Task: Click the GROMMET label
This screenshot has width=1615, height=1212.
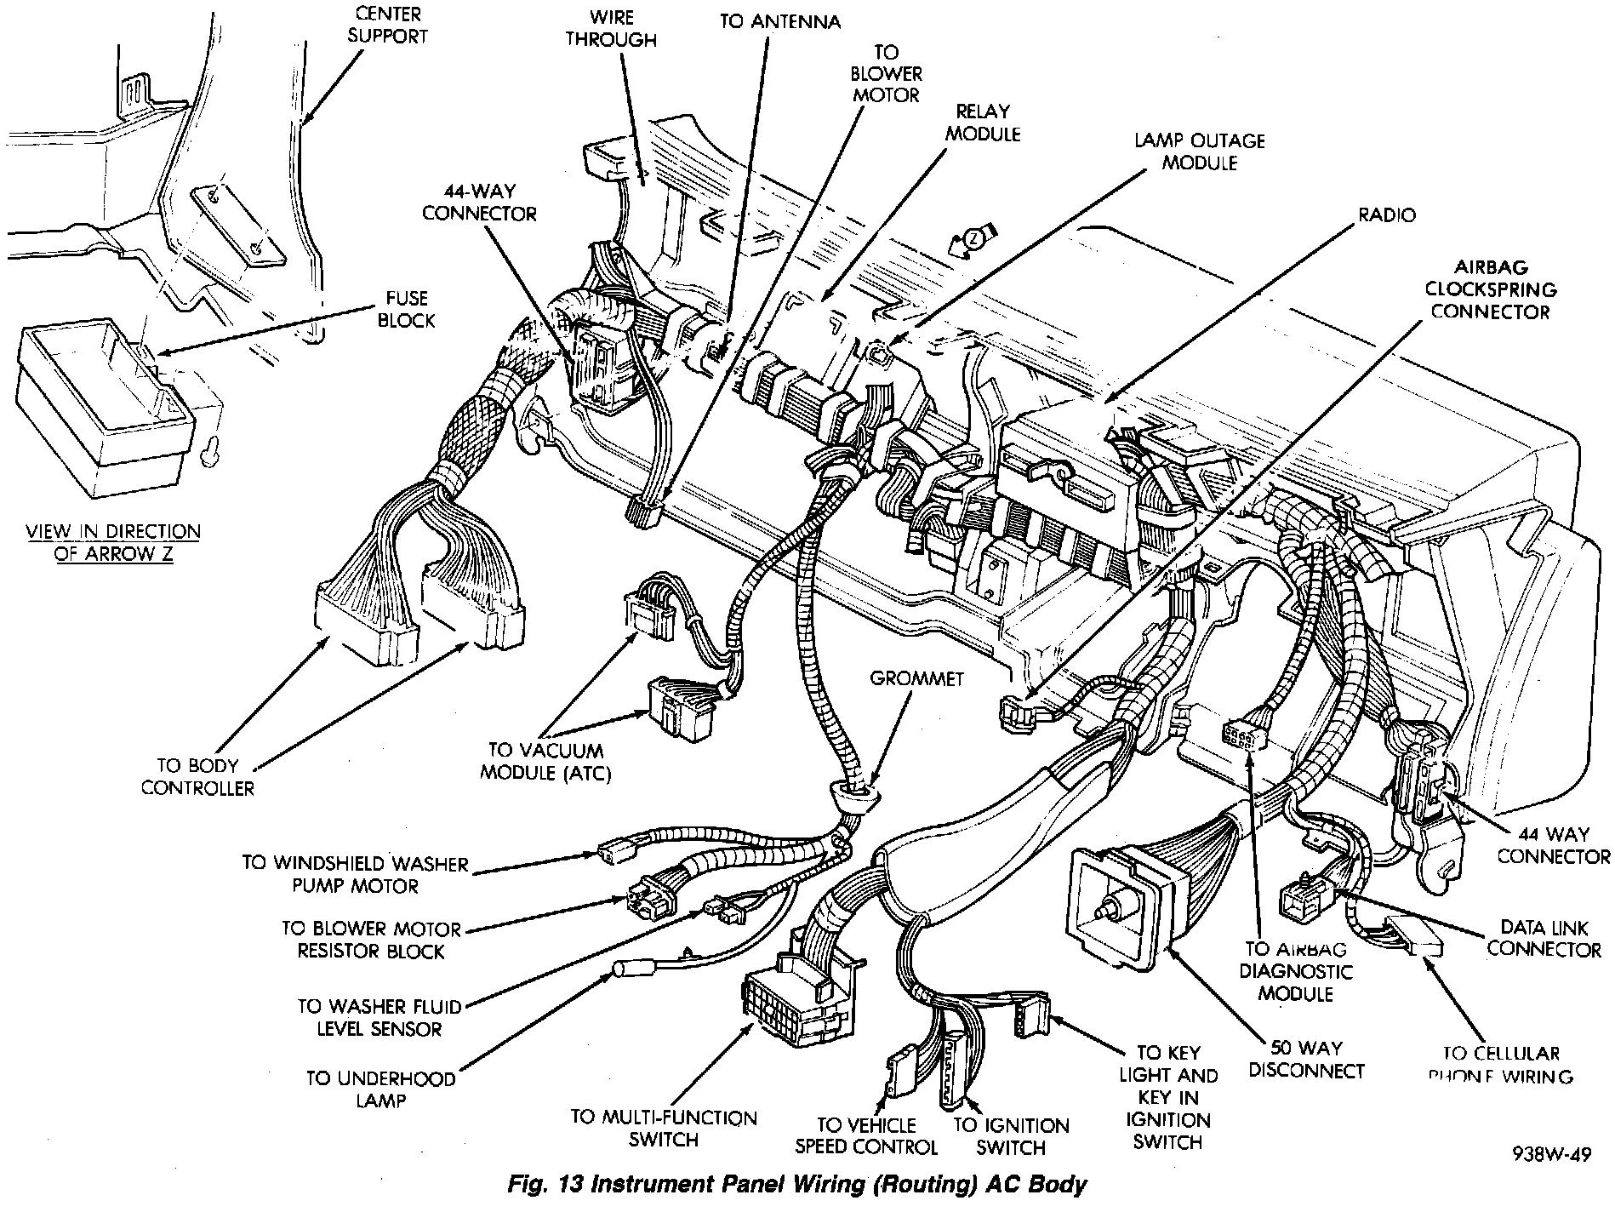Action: click(916, 678)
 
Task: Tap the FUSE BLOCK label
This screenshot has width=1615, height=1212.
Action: click(406, 309)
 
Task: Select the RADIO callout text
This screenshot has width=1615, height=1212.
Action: click(1386, 215)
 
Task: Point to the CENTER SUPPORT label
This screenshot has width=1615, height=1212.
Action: click(387, 25)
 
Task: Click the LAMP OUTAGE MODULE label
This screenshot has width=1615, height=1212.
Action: click(1199, 151)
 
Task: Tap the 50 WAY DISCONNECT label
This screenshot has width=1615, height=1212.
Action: click(1306, 1060)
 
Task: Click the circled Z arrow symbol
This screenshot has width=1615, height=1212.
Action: click(973, 239)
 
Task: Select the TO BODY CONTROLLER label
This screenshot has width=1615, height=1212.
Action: click(197, 776)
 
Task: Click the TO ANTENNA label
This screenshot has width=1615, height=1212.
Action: click(779, 22)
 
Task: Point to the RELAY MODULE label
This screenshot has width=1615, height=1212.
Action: click(983, 123)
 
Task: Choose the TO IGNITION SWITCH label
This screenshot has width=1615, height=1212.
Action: click(1011, 1136)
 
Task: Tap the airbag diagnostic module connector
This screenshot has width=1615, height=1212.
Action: click(1241, 735)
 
